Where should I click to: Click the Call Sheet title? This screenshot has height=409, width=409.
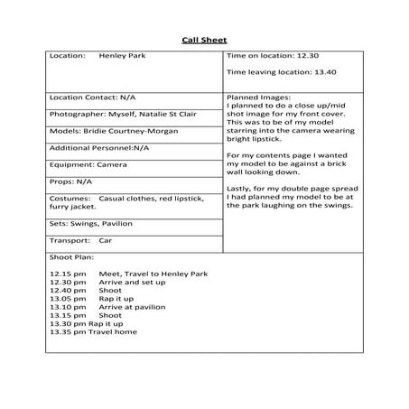(x=204, y=40)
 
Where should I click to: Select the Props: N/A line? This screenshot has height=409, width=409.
(x=71, y=182)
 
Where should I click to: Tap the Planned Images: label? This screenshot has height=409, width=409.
(x=258, y=97)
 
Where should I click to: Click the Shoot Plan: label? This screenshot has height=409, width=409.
(x=70, y=258)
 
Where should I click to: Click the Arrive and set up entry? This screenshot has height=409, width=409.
(x=135, y=282)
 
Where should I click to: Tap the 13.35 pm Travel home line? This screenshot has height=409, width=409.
(x=94, y=332)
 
